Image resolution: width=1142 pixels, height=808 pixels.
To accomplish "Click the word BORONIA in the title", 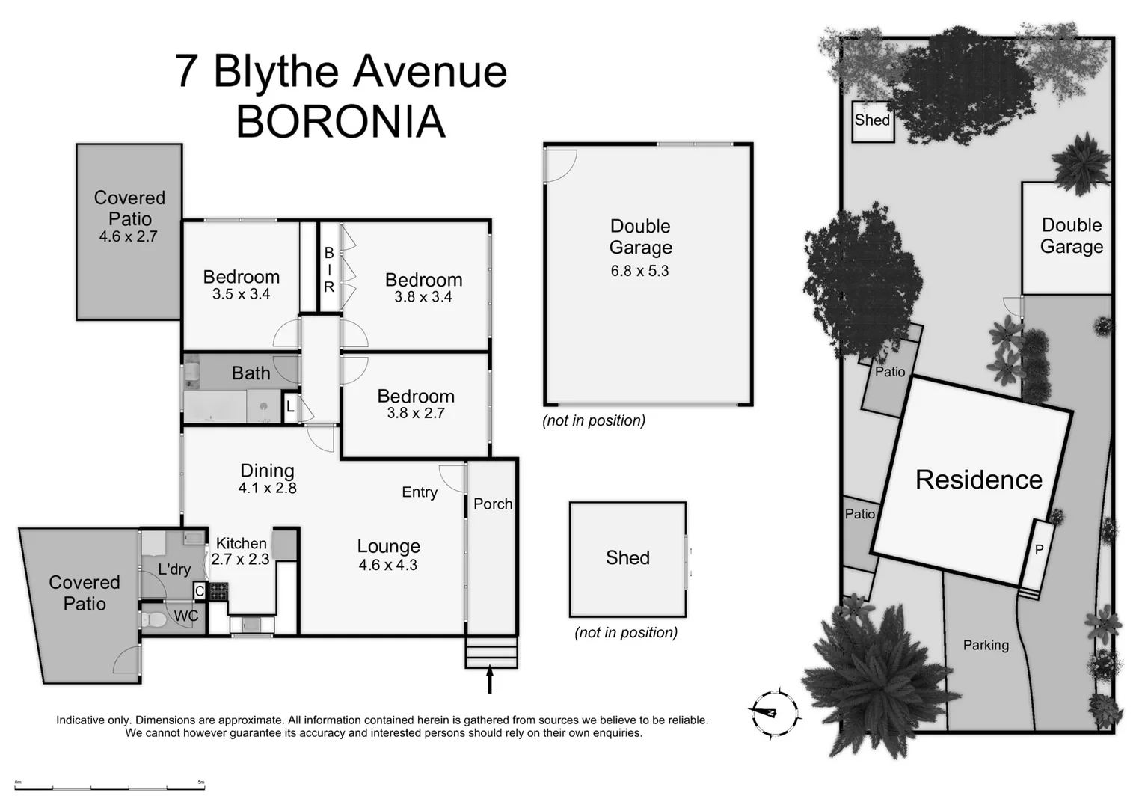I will (x=341, y=122).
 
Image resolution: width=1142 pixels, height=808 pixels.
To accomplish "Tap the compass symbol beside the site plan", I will (x=773, y=712).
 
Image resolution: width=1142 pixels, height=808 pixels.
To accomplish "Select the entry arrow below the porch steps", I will (x=490, y=679).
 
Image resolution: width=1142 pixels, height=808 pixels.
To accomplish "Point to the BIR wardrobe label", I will (x=329, y=269).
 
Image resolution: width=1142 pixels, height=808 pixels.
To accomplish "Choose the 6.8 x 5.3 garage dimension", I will (x=639, y=271).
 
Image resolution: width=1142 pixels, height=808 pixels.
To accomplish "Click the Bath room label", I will (x=251, y=373).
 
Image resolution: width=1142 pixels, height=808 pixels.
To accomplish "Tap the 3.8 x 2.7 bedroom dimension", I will (x=415, y=413).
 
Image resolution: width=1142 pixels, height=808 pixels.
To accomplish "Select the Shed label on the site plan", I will (x=872, y=120).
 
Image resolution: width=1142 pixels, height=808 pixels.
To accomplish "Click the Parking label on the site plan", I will (x=986, y=645).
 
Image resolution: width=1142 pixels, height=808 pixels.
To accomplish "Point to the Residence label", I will (x=978, y=480).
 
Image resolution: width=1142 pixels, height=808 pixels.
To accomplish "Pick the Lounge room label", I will (x=388, y=546).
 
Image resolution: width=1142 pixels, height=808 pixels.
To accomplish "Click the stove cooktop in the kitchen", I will (x=218, y=592).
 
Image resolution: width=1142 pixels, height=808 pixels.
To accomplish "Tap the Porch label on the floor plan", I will (x=493, y=504).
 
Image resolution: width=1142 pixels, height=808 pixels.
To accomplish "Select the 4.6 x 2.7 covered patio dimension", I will (x=128, y=237).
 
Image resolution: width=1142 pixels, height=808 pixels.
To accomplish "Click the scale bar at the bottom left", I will (x=109, y=786).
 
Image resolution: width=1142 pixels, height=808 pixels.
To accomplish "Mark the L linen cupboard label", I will (x=290, y=408).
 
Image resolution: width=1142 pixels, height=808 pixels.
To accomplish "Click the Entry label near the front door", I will (x=419, y=492).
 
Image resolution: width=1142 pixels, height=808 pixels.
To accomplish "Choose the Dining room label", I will (x=267, y=471).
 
